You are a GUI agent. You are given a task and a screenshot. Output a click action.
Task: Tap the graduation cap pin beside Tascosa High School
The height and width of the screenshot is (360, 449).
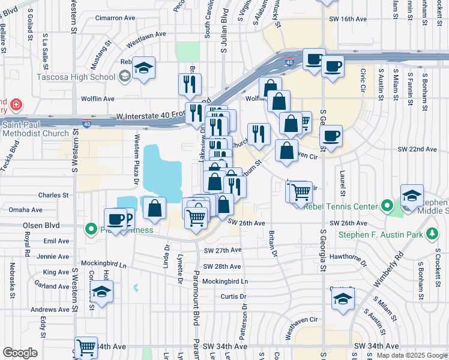point(144,68)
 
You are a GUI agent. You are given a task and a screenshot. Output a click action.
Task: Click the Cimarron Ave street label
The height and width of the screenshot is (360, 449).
point(112,17)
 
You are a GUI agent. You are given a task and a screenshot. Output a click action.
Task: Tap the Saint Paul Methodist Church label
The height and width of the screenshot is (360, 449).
point(35,128)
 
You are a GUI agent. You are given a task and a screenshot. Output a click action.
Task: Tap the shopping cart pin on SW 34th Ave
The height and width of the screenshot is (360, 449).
point(86,347)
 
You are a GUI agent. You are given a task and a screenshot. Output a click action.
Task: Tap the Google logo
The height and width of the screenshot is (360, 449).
point(20,352)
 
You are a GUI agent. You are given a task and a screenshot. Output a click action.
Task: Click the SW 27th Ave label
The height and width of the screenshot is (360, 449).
point(222,250)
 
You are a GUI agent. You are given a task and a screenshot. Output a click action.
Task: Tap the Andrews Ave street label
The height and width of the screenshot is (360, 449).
point(50,310)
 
